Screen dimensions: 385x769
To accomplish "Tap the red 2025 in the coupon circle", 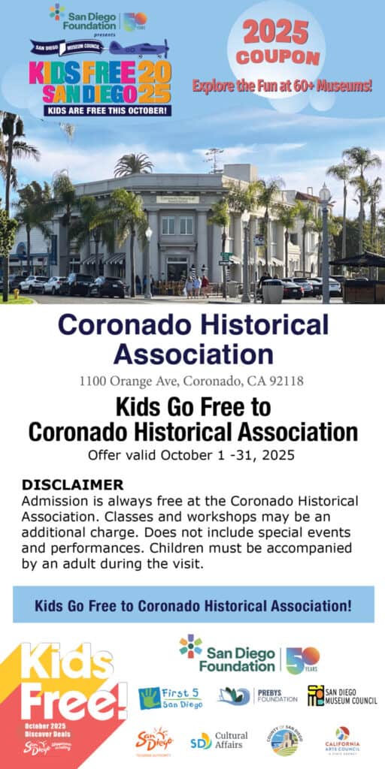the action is coord(275,32).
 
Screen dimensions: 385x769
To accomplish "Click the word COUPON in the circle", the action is coord(275,58).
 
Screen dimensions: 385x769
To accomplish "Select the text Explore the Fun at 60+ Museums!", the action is coord(282,86).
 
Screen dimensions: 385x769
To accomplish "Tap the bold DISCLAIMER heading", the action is coord(72,484).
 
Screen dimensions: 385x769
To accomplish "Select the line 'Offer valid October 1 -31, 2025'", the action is coord(192,454).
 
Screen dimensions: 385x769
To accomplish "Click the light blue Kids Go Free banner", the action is coord(192,605).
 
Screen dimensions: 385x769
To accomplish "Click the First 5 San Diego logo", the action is coord(170,697).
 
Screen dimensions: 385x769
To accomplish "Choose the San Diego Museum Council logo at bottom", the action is coord(342,696).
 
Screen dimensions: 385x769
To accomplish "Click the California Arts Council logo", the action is coord(342,740).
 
